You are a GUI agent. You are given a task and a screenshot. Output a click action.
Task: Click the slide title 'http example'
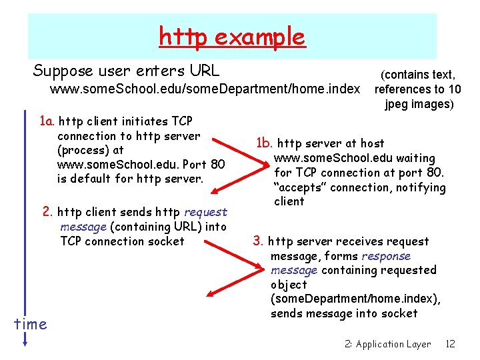[x=232, y=37]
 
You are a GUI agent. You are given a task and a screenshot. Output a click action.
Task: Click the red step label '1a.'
[x=47, y=121]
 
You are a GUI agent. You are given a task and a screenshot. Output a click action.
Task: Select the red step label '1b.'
[x=265, y=143]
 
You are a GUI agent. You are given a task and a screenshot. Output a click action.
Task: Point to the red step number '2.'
[x=48, y=212]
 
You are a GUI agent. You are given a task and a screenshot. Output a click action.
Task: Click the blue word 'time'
[x=31, y=325]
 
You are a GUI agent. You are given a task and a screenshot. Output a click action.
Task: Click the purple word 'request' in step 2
[x=205, y=213]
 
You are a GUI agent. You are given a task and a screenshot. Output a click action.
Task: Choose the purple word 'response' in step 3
[x=386, y=256]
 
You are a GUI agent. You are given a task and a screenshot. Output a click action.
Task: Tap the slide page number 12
[x=450, y=344]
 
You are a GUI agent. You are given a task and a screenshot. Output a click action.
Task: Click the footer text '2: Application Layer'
[x=388, y=344]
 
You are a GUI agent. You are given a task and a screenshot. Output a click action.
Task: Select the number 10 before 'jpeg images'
[x=453, y=89]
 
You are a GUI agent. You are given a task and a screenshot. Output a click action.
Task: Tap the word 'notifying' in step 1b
[x=421, y=187]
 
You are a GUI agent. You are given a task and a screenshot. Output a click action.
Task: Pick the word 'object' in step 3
[x=289, y=285]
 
